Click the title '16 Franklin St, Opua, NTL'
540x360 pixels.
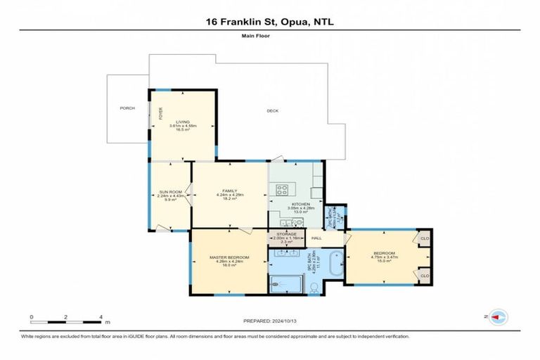[x=270, y=22]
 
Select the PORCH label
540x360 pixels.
[x=127, y=108]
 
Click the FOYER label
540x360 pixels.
[x=160, y=114]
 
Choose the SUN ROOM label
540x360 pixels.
[x=169, y=192]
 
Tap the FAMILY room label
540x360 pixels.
[x=229, y=191]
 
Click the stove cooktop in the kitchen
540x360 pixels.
[x=284, y=188]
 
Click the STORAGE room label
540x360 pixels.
[x=285, y=233]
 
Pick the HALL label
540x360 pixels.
[x=316, y=238]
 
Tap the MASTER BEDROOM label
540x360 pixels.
[x=229, y=257]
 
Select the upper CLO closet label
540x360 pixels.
[x=424, y=238]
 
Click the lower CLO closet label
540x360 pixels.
[x=424, y=276]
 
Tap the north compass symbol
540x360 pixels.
[x=499, y=317]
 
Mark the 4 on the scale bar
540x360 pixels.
[x=101, y=317]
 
